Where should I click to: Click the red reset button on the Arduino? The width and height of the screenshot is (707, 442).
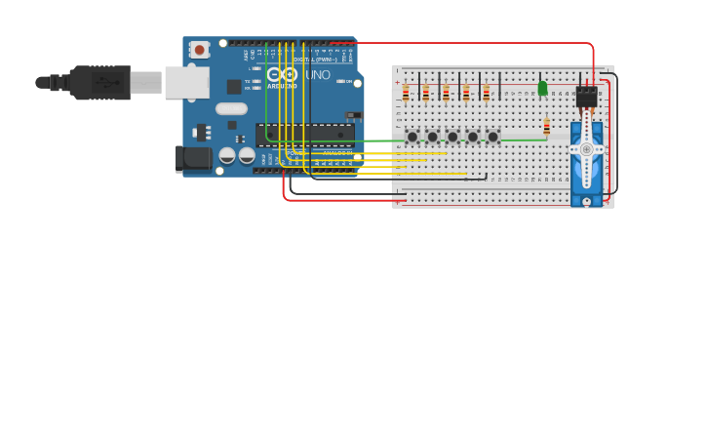[199, 49]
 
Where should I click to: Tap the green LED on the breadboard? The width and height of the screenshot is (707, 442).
[542, 89]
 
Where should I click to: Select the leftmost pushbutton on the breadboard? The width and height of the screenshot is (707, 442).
[412, 137]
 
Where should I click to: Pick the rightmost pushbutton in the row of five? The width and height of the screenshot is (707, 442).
[493, 137]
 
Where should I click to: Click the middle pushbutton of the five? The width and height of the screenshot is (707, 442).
[452, 137]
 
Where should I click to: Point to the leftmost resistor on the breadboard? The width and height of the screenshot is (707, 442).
[406, 94]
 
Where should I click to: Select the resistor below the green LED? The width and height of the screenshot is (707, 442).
[546, 127]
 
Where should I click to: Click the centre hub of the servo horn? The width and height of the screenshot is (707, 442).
[586, 149]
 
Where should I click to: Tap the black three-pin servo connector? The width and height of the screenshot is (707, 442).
[586, 96]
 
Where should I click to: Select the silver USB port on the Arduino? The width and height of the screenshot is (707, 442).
[186, 83]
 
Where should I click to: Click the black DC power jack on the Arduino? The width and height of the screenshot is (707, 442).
[192, 158]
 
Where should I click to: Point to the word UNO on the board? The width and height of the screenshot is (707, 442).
[318, 75]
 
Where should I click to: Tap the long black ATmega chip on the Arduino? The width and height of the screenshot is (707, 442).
[304, 134]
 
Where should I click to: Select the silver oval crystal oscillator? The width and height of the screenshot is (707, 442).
[231, 109]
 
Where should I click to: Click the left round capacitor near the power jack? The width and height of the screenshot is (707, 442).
[227, 155]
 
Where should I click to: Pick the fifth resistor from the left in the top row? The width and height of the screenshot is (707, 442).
[486, 94]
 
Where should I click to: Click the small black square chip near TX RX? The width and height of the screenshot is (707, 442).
[234, 86]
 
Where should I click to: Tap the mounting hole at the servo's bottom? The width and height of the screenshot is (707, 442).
[586, 201]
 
